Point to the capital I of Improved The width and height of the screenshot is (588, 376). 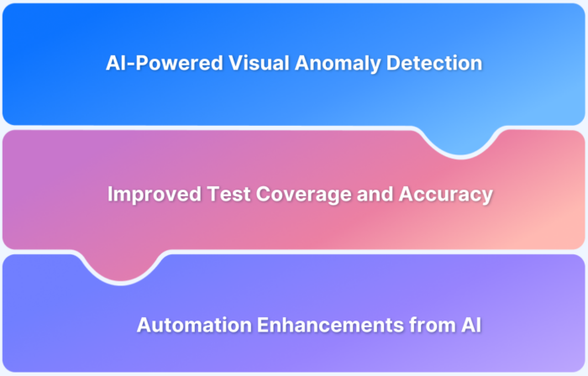coord(110,194)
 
